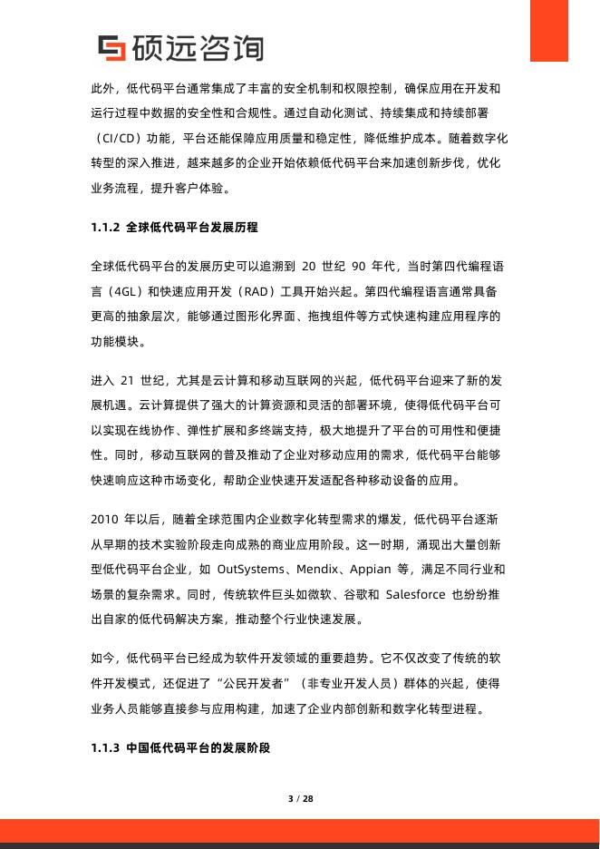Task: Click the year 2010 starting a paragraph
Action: [106, 519]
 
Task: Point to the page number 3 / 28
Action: [300, 799]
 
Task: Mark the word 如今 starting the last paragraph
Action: [102, 655]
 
